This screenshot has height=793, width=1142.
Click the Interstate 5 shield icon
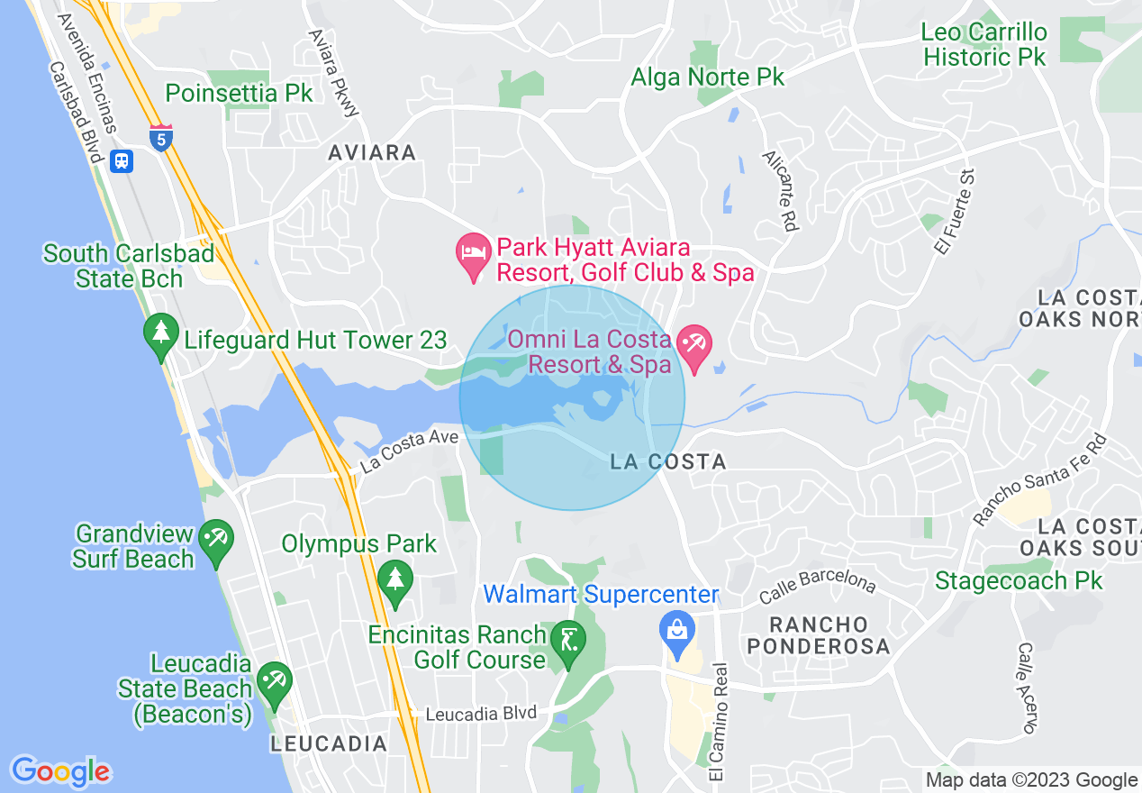pos(161,138)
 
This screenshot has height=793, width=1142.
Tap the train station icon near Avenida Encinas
pos(122,160)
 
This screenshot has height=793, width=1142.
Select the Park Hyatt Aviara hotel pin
pos(473,257)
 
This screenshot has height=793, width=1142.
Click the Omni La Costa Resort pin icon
pos(694,349)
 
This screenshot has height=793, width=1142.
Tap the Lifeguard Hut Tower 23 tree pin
pos(161,338)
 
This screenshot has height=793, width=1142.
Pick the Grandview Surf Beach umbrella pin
pos(216,543)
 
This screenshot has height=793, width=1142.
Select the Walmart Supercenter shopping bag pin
pos(678,633)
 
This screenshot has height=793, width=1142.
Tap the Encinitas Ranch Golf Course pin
pos(568,644)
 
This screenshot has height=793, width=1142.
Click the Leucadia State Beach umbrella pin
pos(273,687)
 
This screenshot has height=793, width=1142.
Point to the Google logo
pos(61,771)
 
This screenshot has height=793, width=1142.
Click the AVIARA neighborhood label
pos(372,152)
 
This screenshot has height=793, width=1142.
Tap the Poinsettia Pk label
pos(240,93)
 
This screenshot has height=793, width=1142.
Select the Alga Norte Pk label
pos(707,77)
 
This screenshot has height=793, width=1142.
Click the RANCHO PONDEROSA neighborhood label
pos(819,635)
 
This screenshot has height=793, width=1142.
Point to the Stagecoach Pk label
pos(1019,580)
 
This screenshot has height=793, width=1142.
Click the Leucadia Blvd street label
pos(480,714)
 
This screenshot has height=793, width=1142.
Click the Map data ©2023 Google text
pos(1031,779)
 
